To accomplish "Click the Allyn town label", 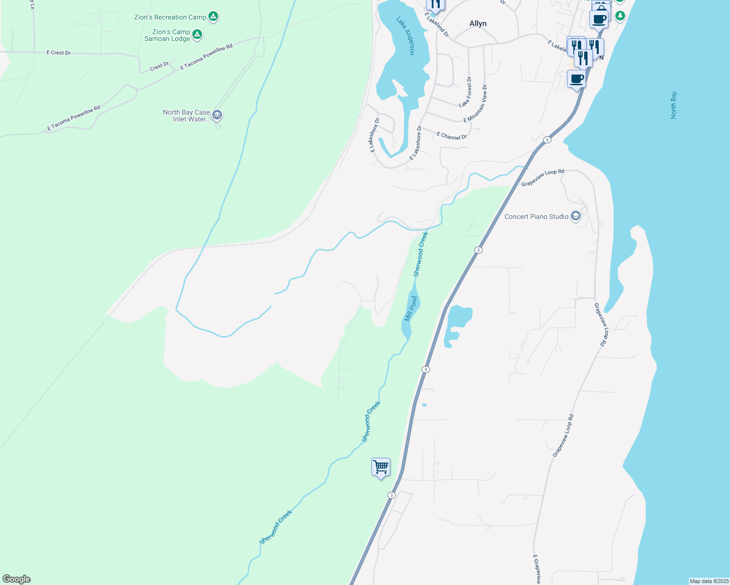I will pyautogui.click(x=478, y=23).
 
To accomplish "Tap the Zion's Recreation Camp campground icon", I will pyautogui.click(x=213, y=17).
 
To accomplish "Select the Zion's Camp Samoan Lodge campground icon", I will pyautogui.click(x=197, y=34).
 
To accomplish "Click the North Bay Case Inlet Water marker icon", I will pyautogui.click(x=217, y=115).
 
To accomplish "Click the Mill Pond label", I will pyautogui.click(x=411, y=308).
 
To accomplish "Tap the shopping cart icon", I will pyautogui.click(x=381, y=467).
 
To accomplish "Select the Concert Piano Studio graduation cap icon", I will pyautogui.click(x=575, y=216).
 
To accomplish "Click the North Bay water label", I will pyautogui.click(x=673, y=105).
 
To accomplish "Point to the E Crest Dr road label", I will pyautogui.click(x=59, y=53).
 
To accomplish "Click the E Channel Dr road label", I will pyautogui.click(x=451, y=136).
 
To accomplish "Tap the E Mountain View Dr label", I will pyautogui.click(x=476, y=103).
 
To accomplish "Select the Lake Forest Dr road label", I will pyautogui.click(x=466, y=92).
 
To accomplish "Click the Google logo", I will pyautogui.click(x=17, y=579).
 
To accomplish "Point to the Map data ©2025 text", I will pyautogui.click(x=709, y=581).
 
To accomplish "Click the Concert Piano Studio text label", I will pyautogui.click(x=536, y=216).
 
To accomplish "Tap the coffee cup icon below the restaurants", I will pyautogui.click(x=576, y=78).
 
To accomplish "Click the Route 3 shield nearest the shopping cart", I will pyautogui.click(x=391, y=495).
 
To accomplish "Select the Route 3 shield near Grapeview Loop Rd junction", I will pyautogui.click(x=547, y=140).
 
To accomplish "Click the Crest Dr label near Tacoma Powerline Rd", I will pyautogui.click(x=159, y=66).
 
